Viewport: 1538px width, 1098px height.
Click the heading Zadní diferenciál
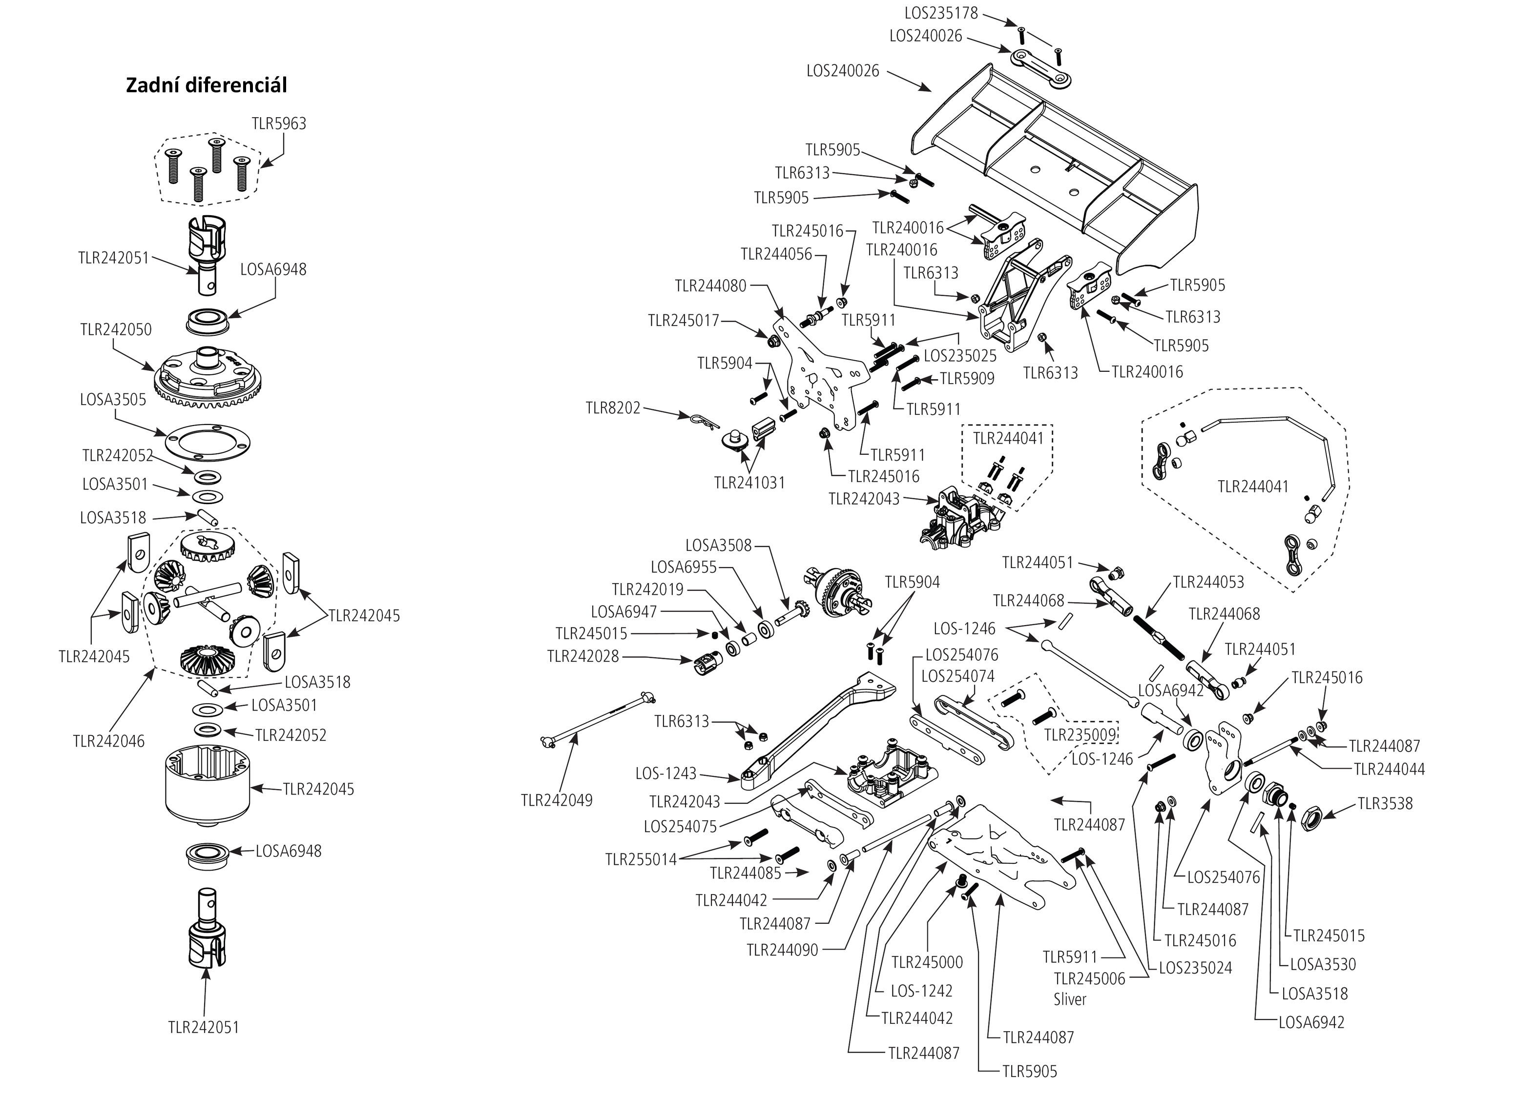click(206, 86)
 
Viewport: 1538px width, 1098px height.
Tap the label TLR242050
click(116, 330)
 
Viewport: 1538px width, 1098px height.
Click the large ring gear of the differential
click(208, 379)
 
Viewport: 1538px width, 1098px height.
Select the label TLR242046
click(108, 741)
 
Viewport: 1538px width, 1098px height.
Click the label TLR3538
click(1385, 804)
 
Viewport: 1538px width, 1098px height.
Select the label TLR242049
click(557, 800)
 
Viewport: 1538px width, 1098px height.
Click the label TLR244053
click(1208, 582)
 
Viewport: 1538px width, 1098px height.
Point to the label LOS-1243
click(665, 773)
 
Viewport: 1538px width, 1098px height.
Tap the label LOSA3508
click(718, 546)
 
